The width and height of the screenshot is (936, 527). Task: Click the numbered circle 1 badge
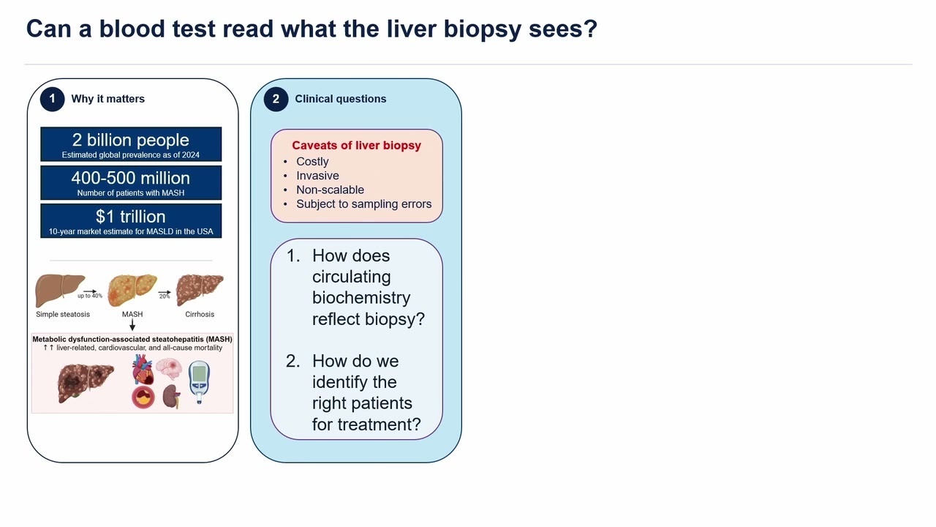(x=52, y=99)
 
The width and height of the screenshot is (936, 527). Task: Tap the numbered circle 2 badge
(x=276, y=99)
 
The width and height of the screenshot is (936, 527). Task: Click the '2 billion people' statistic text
(x=130, y=140)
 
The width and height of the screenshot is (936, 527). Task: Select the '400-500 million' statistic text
(x=130, y=178)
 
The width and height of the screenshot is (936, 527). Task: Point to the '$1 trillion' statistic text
(x=130, y=217)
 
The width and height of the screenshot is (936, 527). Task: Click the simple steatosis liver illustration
(x=59, y=290)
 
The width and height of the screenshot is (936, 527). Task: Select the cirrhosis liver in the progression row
(x=200, y=289)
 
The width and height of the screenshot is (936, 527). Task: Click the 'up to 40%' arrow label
(x=90, y=296)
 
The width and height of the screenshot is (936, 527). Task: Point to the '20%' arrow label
(x=165, y=296)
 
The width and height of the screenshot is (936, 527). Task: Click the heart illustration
(x=143, y=370)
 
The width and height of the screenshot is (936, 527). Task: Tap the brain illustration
(x=169, y=369)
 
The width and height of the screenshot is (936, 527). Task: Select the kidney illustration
(x=171, y=396)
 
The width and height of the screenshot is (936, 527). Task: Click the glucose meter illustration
(x=200, y=381)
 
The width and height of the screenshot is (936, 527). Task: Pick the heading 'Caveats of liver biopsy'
(x=356, y=146)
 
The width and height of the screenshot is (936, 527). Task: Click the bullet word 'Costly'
(x=312, y=162)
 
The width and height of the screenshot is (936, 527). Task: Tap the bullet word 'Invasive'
(x=317, y=176)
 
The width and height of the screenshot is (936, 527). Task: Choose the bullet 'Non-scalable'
(x=330, y=190)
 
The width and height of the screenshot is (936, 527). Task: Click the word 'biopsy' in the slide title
(x=482, y=29)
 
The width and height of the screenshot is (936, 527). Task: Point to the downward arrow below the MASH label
(x=132, y=325)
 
